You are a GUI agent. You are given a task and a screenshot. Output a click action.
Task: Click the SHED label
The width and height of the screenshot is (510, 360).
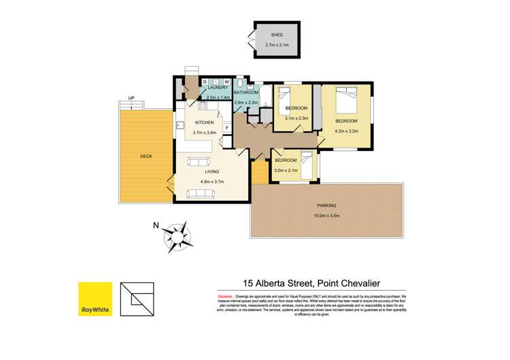(x=277, y=34)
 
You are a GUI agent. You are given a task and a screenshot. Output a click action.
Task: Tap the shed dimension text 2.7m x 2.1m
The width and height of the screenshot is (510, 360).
(x=277, y=46)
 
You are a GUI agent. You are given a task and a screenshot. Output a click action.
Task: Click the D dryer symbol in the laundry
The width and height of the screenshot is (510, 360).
(x=205, y=82)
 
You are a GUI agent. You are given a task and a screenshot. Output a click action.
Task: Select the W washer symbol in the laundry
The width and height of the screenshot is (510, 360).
(x=226, y=82)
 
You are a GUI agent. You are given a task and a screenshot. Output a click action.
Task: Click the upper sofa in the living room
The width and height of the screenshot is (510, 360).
(x=200, y=162)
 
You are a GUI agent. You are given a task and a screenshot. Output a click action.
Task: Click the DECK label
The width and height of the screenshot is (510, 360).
(x=147, y=157)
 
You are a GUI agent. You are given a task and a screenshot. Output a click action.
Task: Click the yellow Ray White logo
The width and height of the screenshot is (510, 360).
(x=95, y=299)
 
